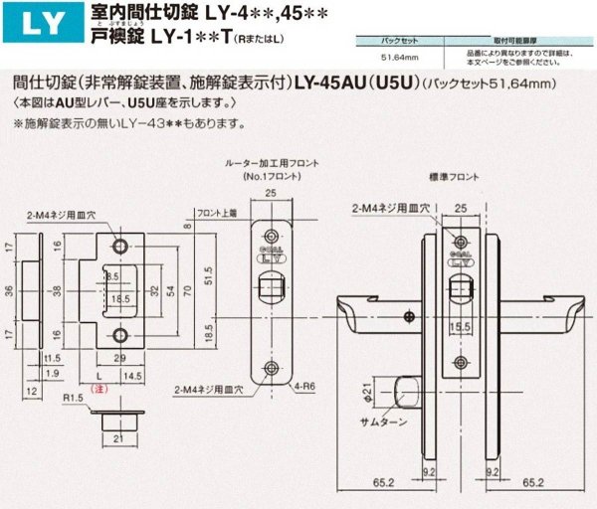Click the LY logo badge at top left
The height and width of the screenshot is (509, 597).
(x=30, y=22)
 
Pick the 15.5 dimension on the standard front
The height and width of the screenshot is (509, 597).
(x=460, y=324)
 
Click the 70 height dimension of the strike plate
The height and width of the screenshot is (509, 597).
(x=187, y=290)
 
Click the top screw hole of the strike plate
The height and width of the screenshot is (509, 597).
(x=120, y=246)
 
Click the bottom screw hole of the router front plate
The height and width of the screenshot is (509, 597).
(x=273, y=367)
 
